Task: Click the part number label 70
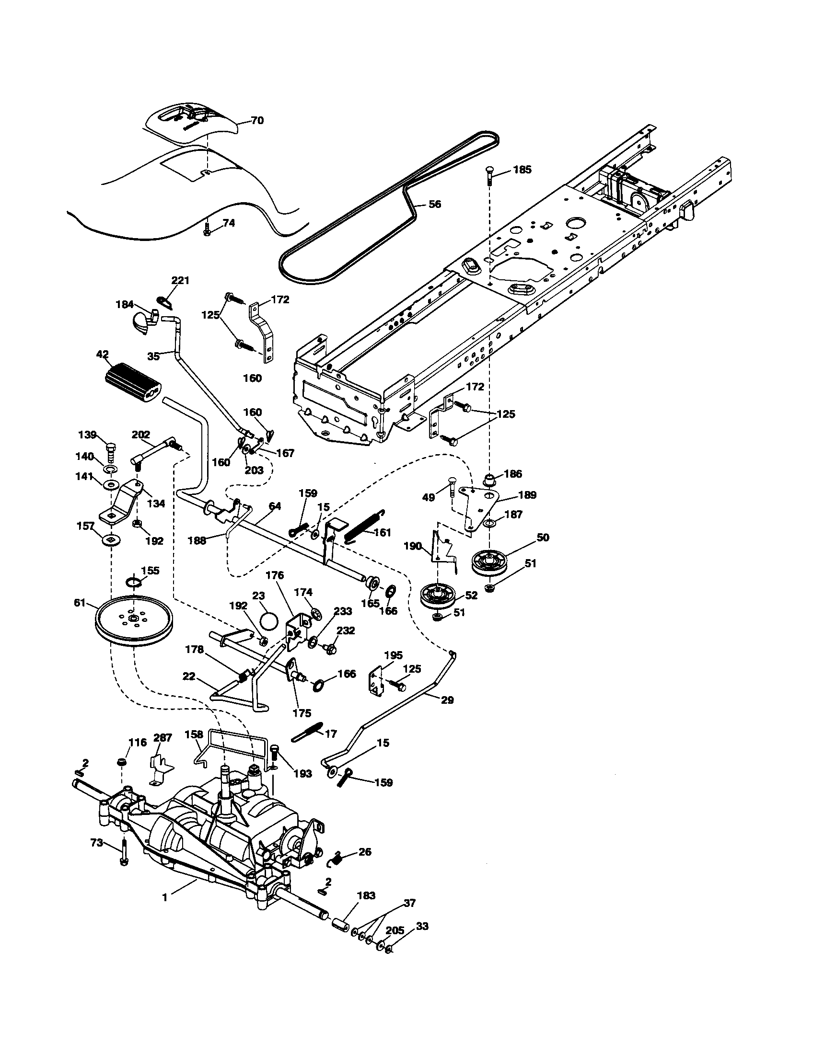[x=257, y=120]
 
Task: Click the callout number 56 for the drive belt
[x=434, y=204]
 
